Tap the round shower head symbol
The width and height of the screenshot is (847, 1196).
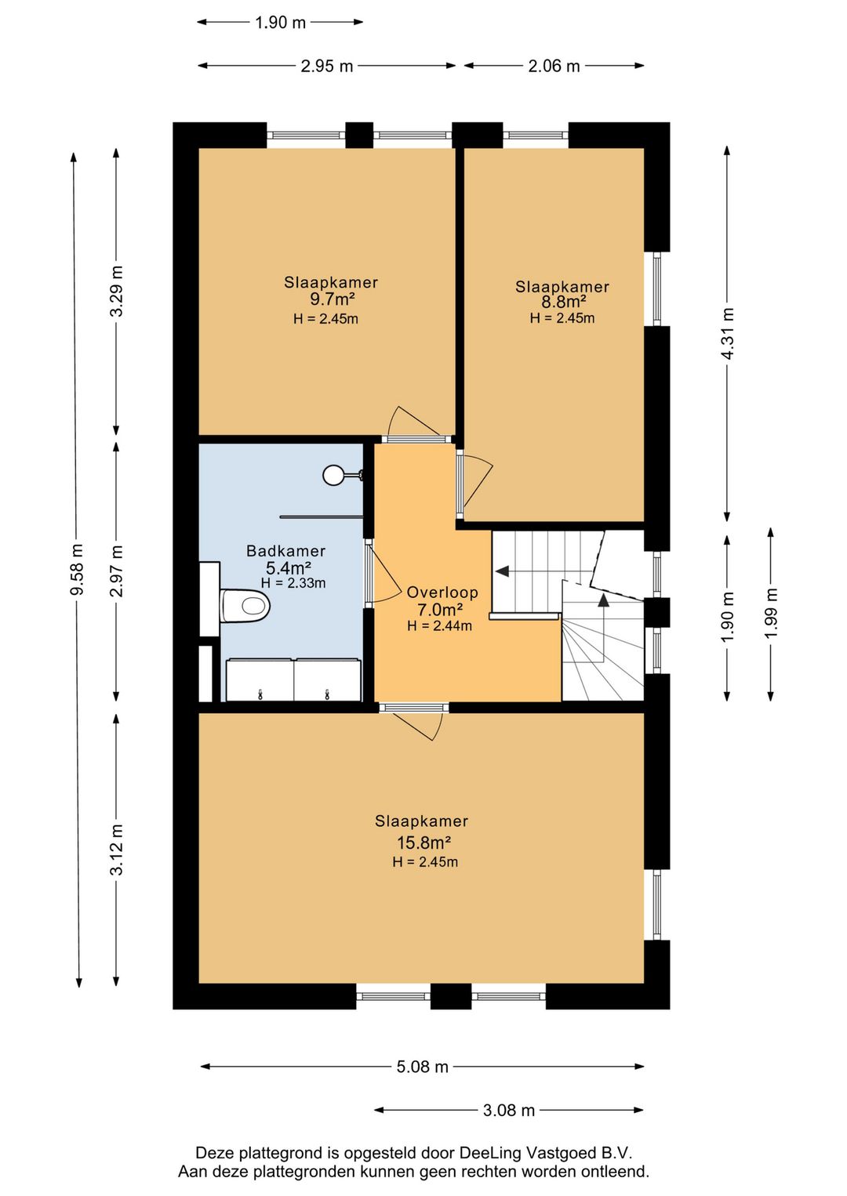(333, 475)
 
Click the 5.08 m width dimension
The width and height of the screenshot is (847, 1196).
(422, 1067)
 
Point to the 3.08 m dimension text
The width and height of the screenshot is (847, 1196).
(509, 1111)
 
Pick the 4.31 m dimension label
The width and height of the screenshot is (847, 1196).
(727, 334)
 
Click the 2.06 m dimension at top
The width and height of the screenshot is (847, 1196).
(554, 66)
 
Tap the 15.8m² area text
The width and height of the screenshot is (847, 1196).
(423, 843)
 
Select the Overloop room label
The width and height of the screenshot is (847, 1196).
(442, 593)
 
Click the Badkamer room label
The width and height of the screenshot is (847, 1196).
(286, 550)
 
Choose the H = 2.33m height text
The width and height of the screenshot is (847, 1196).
(293, 582)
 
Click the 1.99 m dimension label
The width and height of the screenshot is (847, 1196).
(771, 613)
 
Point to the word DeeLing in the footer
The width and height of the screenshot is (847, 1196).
(489, 1153)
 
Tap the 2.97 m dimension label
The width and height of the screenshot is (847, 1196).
(117, 571)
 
